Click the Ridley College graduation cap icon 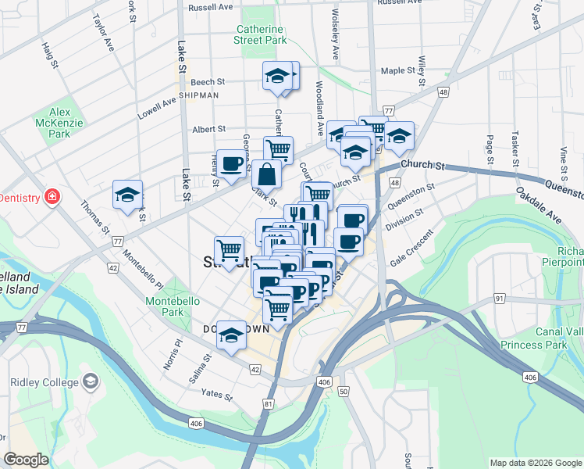tap(91, 381)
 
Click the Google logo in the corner tap(27, 460)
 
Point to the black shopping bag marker tap(267, 174)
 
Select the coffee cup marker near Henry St tap(231, 164)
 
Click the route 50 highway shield tap(344, 391)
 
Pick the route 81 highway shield tap(269, 404)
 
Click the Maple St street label tap(397, 71)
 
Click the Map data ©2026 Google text tap(535, 463)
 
